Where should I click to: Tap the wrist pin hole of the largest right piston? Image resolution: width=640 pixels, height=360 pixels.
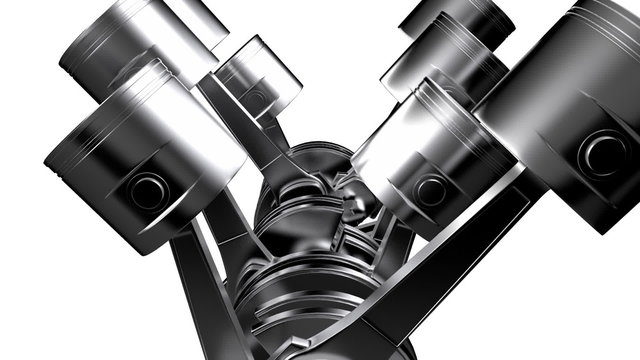[603, 153]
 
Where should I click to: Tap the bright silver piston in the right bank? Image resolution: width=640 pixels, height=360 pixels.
[420, 150]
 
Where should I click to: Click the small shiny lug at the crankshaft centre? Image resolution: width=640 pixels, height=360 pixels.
[352, 205]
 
